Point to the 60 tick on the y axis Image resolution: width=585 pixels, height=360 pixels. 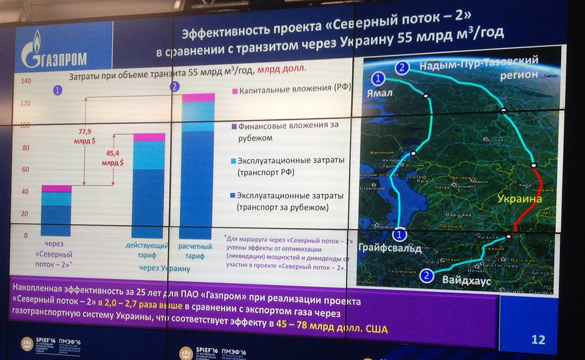pos(25,169)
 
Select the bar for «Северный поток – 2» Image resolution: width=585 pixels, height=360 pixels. pos(56,211)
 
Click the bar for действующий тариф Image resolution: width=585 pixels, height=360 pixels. pos(149,186)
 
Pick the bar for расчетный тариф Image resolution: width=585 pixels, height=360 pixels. pos(198,166)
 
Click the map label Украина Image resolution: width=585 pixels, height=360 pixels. pos(519,200)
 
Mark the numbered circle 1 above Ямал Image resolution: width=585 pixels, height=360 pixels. pos(378,78)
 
